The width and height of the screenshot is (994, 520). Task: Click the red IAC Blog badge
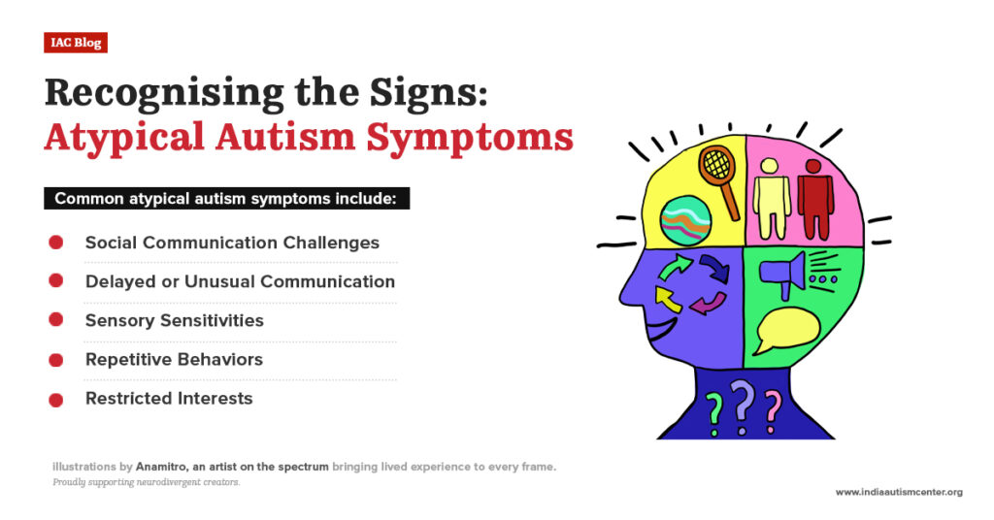pyautogui.click(x=75, y=43)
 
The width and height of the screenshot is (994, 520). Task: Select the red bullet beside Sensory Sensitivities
pyautogui.click(x=56, y=319)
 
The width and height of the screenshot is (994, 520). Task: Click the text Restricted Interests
pyautogui.click(x=169, y=398)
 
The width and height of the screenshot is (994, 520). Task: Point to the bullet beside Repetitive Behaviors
pyautogui.click(x=56, y=359)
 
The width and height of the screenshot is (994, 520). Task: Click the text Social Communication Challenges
pyautogui.click(x=232, y=242)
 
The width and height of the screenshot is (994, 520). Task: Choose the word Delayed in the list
pyautogui.click(x=117, y=281)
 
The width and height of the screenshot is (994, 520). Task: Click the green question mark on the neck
pyautogui.click(x=714, y=410)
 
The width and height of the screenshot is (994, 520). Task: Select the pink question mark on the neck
pyautogui.click(x=773, y=407)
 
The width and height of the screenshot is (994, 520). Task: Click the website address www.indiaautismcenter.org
pyautogui.click(x=899, y=492)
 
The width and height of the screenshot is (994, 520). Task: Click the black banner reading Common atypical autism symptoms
pyautogui.click(x=226, y=199)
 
